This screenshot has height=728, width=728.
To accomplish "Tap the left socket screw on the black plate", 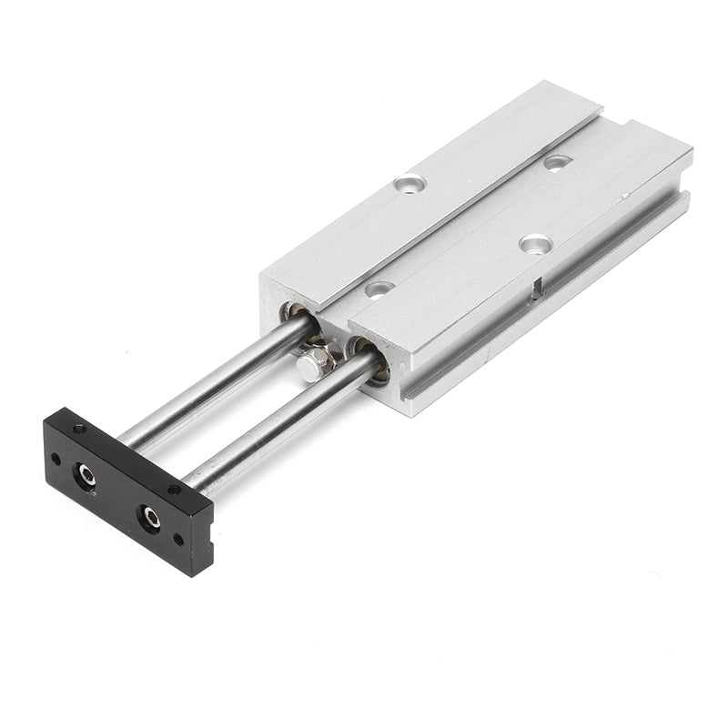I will point(87,474).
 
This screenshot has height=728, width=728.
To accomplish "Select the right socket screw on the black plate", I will point(150,518).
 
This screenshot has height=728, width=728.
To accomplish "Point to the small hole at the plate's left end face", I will point(56,460).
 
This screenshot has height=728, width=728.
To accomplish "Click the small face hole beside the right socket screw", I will point(178,539).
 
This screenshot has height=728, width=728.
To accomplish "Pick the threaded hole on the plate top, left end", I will point(80,428).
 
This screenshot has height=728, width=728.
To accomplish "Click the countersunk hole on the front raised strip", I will point(535,243).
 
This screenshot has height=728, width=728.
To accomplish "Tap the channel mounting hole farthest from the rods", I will point(557,162).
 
